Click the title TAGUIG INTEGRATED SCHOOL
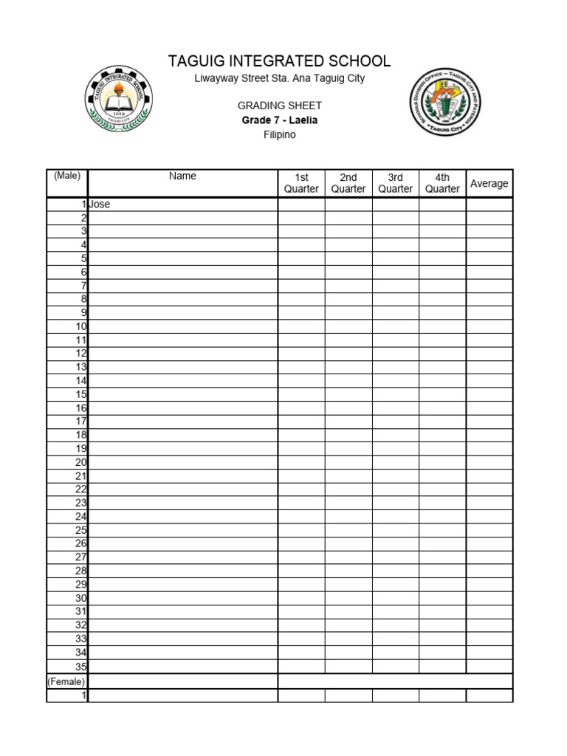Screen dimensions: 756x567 (x=279, y=61)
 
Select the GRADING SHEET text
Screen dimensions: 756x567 (x=279, y=106)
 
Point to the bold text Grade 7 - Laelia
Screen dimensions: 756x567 (x=279, y=120)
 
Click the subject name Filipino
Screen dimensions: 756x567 (x=279, y=135)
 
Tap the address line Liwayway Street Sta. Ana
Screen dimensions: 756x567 (x=279, y=78)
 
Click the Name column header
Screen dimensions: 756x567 (x=182, y=176)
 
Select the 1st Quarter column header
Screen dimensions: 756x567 (x=301, y=183)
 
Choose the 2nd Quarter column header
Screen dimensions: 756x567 (x=348, y=183)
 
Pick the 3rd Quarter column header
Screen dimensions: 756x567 (x=396, y=183)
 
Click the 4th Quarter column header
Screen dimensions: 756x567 (x=442, y=183)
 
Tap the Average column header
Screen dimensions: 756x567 (x=489, y=183)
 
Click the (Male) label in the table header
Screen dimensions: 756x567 (x=67, y=176)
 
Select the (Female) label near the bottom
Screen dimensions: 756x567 (x=66, y=681)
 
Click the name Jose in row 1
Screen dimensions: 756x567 (x=100, y=205)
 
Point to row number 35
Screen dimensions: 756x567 (x=81, y=666)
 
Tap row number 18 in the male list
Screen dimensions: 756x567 (x=81, y=435)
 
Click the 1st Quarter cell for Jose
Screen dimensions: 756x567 (x=301, y=205)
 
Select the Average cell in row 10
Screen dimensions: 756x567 (x=489, y=326)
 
